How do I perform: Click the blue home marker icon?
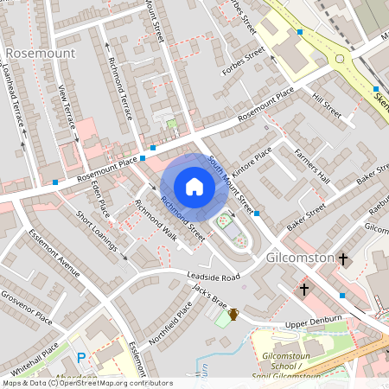[194, 187]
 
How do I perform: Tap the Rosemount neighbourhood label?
[41, 53]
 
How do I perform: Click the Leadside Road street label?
[214, 277]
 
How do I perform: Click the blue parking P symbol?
[82, 358]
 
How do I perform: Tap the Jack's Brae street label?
[209, 299]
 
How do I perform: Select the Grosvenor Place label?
[26, 306]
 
